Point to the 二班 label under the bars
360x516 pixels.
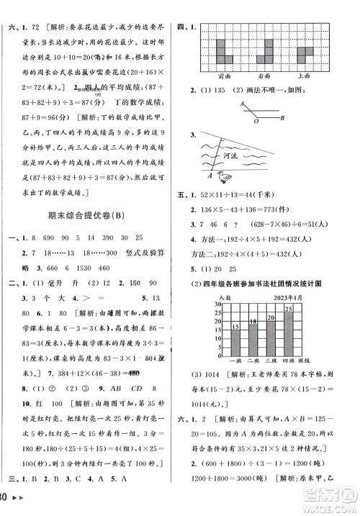click(x=253, y=379)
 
